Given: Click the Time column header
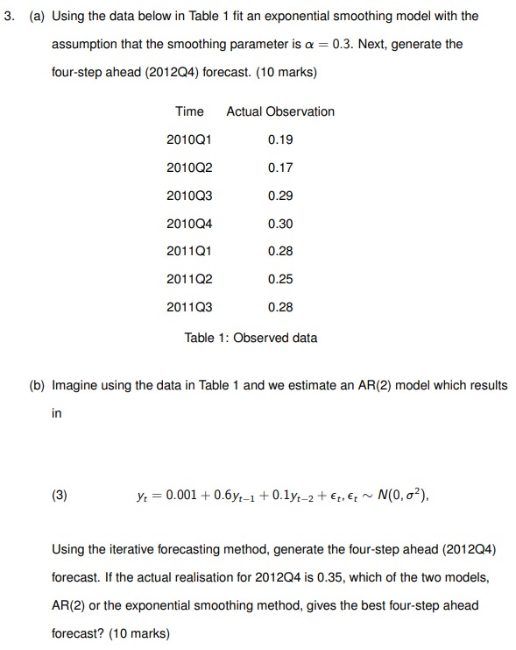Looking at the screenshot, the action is (189, 111).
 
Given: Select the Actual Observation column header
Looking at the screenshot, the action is (280, 111).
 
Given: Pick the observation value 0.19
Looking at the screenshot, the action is (280, 139).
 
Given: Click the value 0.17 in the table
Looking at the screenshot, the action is (280, 168).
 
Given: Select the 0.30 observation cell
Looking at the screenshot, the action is (280, 224).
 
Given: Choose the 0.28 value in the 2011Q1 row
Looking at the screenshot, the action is (280, 251).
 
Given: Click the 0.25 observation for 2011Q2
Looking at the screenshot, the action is (280, 279).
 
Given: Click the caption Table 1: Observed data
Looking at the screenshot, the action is (251, 338).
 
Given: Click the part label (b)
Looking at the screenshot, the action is (38, 385).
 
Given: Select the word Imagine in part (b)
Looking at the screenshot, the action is (76, 385).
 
